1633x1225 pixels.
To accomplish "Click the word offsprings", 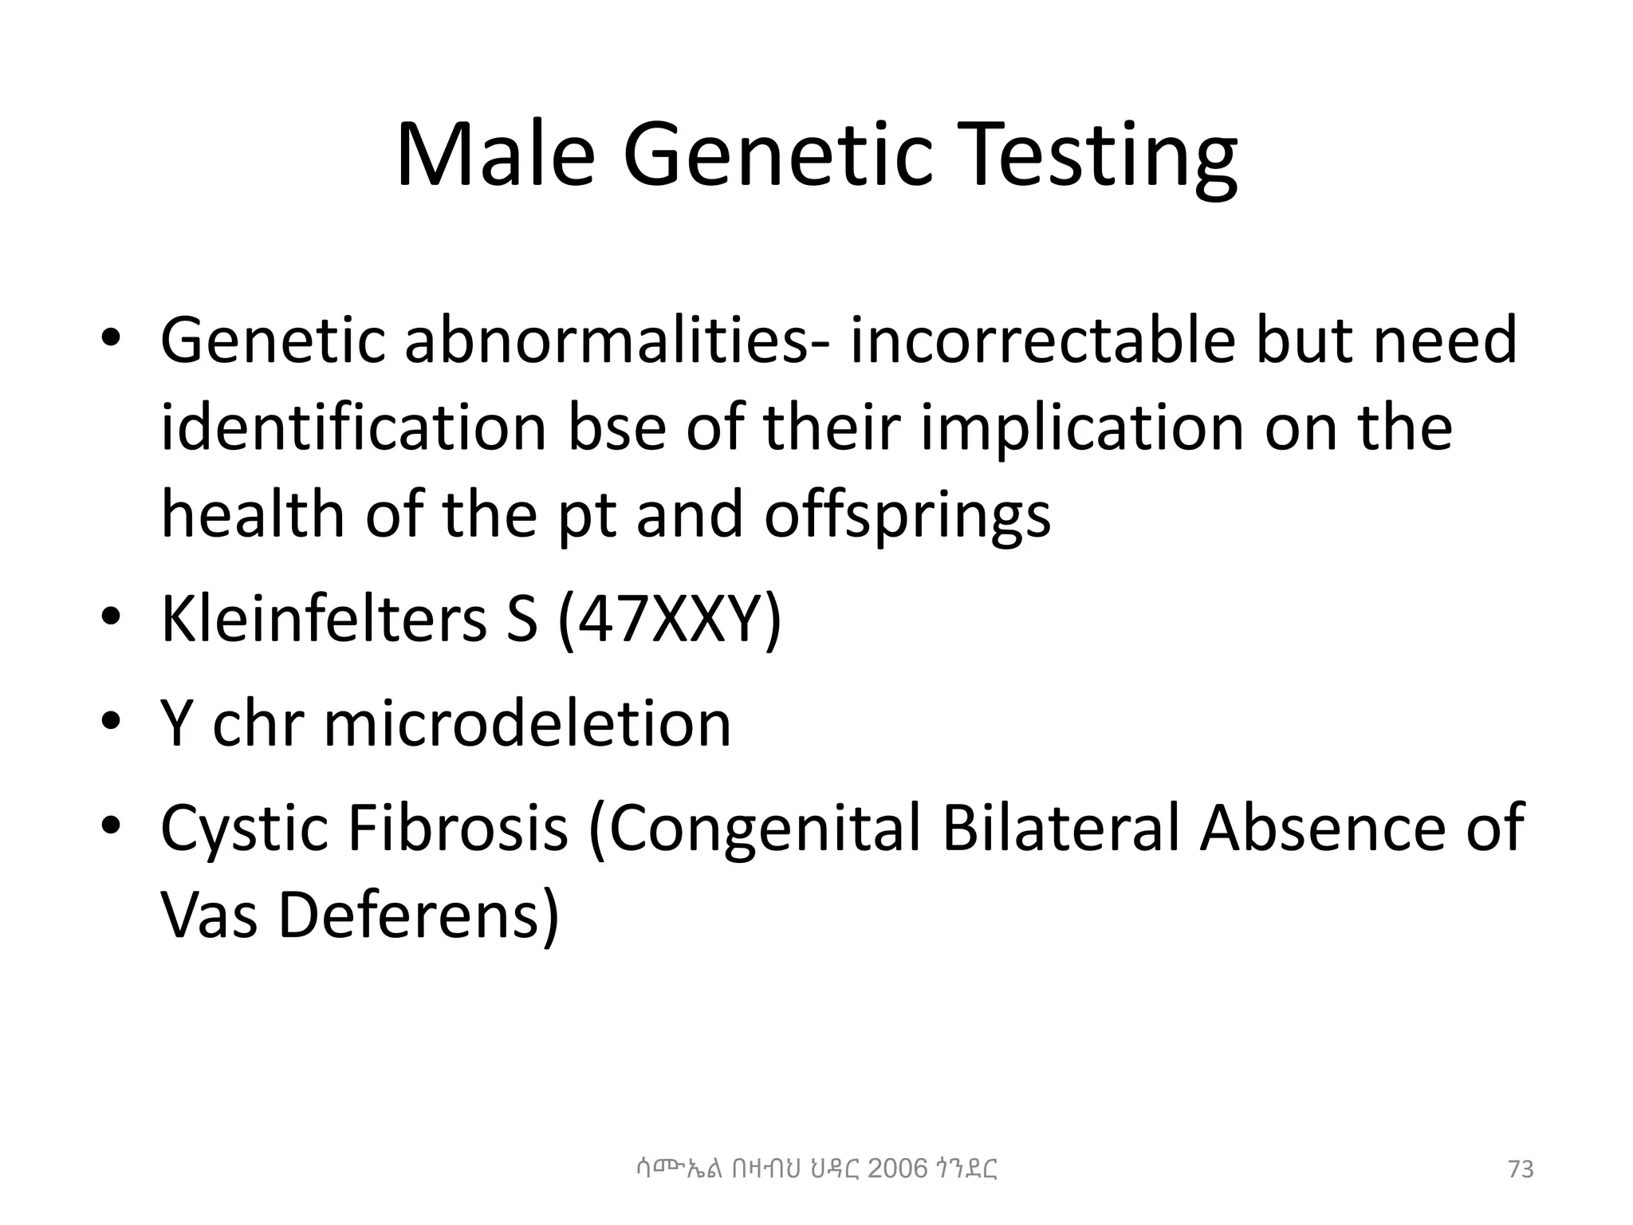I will click(x=907, y=514).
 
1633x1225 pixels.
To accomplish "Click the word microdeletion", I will click(x=527, y=723).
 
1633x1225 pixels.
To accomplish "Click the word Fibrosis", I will click(x=458, y=828).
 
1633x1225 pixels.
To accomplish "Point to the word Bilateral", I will click(x=1060, y=828).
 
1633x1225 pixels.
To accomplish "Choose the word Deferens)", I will click(x=418, y=915).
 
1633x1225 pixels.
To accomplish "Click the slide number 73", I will click(x=1521, y=1170).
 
